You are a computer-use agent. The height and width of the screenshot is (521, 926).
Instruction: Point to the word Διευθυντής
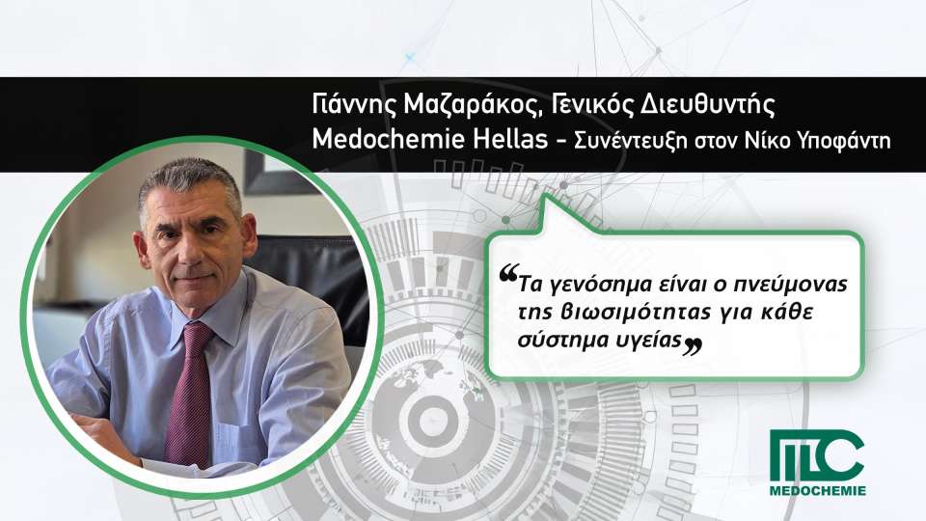click(707, 105)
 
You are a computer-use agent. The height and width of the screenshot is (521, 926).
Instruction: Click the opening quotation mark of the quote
click(508, 273)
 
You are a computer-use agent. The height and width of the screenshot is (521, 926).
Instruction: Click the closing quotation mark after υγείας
click(693, 346)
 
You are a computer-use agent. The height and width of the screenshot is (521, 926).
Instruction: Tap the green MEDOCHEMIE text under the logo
click(817, 490)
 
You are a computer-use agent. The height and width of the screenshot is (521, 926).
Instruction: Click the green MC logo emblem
click(817, 455)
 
